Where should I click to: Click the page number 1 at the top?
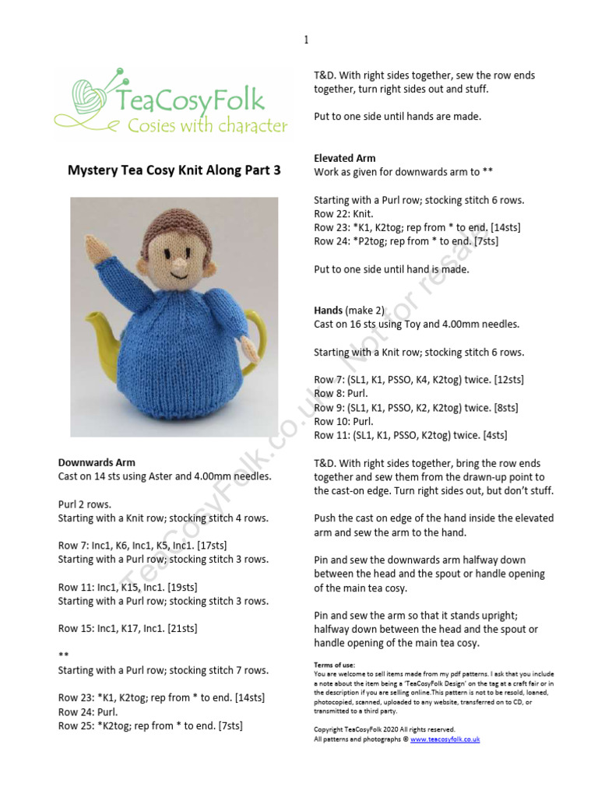(x=306, y=40)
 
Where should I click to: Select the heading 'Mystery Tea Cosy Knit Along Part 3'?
(x=174, y=170)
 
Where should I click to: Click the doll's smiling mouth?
(x=176, y=275)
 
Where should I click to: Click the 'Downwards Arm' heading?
(x=97, y=462)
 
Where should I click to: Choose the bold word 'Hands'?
(x=329, y=310)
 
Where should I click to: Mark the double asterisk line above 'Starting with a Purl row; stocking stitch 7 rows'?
(x=63, y=655)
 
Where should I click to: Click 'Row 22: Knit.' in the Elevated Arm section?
(x=343, y=213)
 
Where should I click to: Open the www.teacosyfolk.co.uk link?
(x=445, y=739)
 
